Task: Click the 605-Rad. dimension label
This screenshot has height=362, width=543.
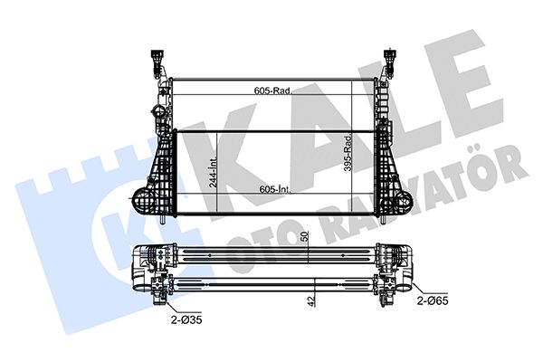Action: coord(273,90)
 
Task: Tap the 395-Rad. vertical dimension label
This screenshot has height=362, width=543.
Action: coord(348,153)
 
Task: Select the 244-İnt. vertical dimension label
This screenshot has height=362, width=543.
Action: coord(214,171)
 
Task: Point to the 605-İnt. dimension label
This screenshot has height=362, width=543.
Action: coord(276,189)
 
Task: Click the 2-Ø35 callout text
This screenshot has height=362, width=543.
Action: coord(186,320)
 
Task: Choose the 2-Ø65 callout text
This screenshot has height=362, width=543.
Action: coord(433,301)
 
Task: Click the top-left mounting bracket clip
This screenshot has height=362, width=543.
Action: coord(157,62)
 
